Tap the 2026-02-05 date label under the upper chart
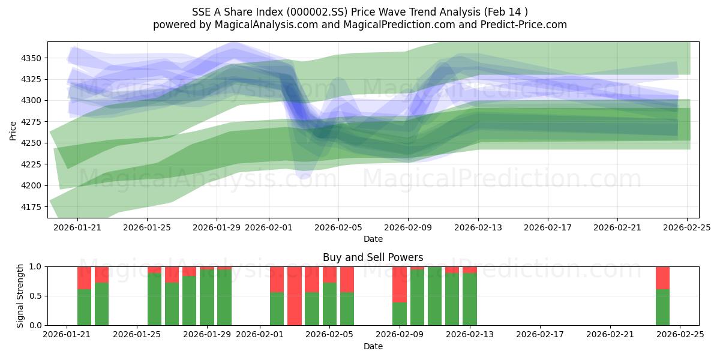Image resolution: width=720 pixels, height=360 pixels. click(x=338, y=228)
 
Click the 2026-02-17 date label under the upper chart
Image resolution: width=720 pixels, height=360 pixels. click(x=547, y=228)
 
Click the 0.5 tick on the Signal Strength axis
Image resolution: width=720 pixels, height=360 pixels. click(x=35, y=296)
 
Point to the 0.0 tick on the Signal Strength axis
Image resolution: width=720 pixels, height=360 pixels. click(x=35, y=325)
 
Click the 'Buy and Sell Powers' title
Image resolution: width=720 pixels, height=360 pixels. click(x=373, y=257)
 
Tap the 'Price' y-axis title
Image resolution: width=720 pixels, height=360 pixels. click(x=13, y=130)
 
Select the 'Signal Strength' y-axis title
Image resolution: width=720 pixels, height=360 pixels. click(x=20, y=295)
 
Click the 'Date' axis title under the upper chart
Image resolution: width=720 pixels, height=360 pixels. click(x=373, y=239)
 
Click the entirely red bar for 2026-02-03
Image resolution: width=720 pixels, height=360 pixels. click(x=295, y=296)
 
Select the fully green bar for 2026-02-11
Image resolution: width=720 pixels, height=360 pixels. click(x=434, y=296)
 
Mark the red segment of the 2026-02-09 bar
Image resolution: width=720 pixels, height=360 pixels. click(x=400, y=284)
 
